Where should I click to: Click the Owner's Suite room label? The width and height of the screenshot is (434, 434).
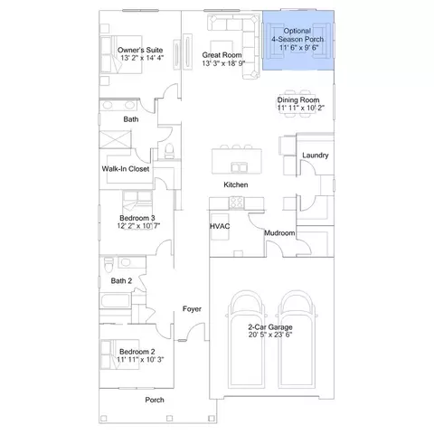(140, 50)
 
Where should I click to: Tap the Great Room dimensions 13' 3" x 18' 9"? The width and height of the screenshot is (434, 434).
(223, 63)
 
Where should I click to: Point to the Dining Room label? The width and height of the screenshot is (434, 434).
(298, 100)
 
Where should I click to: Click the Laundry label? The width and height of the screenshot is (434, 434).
(316, 156)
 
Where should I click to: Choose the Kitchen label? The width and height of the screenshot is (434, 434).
(236, 184)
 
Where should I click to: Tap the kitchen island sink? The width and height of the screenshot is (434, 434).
(240, 167)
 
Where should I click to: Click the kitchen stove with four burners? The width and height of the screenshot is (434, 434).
(237, 203)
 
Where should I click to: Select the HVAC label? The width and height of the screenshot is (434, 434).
(220, 226)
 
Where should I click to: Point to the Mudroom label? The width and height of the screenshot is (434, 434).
(279, 233)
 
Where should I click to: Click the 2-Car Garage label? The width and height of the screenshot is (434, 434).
(270, 327)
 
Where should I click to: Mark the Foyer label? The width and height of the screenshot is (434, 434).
(192, 309)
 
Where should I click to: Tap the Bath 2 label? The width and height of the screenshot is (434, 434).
(121, 281)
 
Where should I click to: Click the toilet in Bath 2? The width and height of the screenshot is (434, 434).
(108, 264)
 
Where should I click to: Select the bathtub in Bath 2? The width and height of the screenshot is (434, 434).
(116, 300)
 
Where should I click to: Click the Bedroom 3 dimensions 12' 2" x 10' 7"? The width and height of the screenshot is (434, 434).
(138, 226)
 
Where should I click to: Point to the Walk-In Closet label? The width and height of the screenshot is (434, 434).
(126, 169)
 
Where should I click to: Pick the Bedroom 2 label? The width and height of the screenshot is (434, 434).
(137, 352)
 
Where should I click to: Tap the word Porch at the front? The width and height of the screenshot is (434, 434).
(155, 400)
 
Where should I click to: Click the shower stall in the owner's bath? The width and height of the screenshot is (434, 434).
(116, 139)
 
